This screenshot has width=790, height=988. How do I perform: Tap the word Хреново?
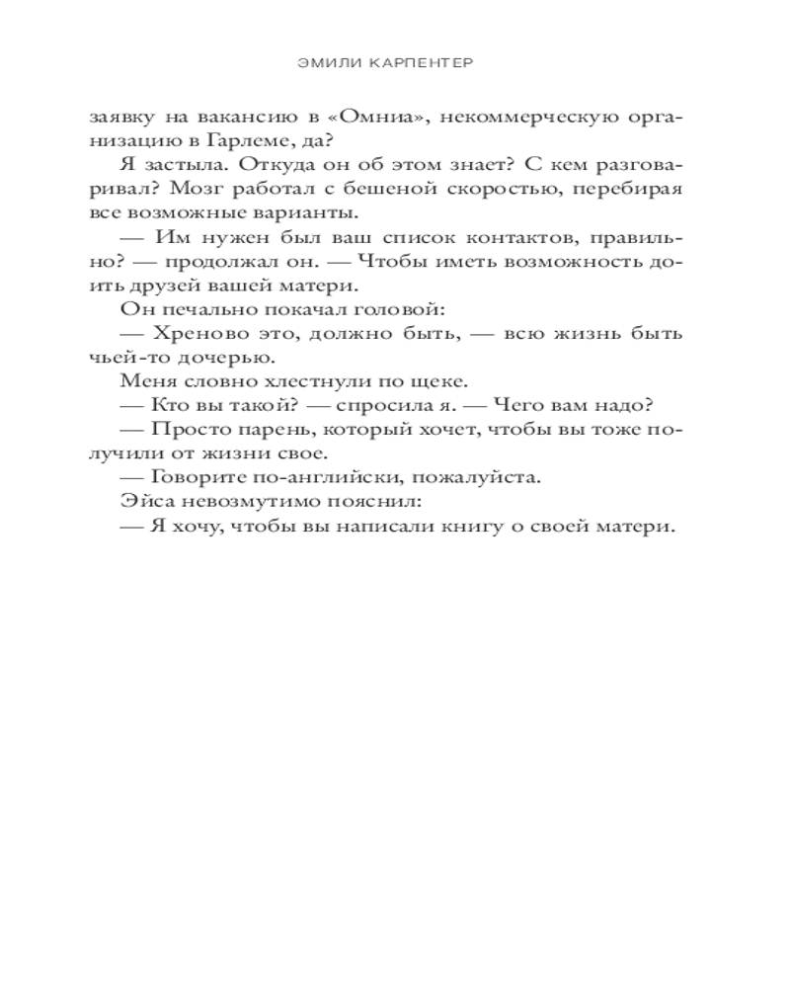pyautogui.click(x=197, y=333)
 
